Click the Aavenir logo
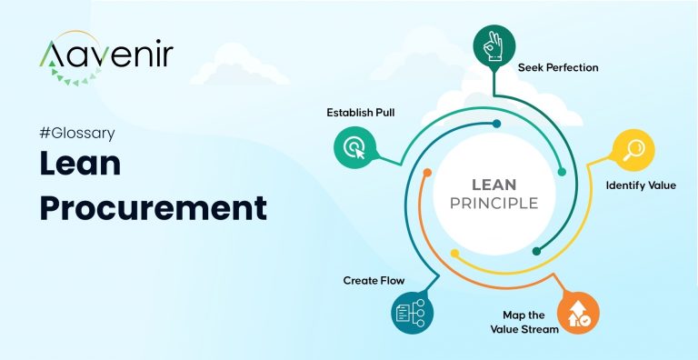pyautogui.click(x=105, y=57)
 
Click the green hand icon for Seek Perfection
pyautogui.click(x=492, y=44)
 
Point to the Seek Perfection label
pyautogui.click(x=558, y=67)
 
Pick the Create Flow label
pyautogui.click(x=374, y=280)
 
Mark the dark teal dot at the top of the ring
pyautogui.click(x=495, y=123)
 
